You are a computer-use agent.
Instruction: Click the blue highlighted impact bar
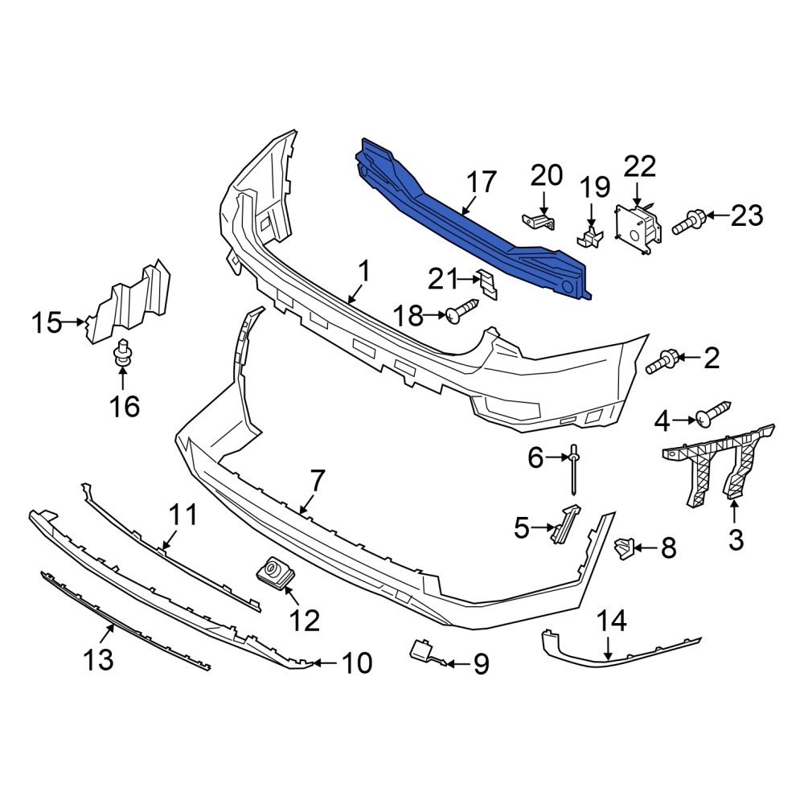474,225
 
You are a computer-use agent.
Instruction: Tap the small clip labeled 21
486,284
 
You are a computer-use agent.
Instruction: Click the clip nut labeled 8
623,548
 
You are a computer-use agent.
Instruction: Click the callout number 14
610,621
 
